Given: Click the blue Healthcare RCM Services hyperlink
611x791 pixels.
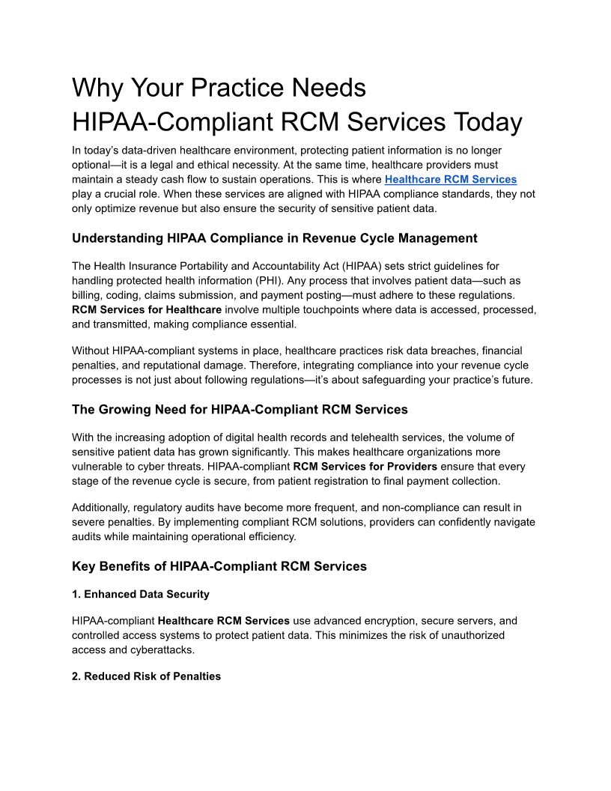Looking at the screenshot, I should pyautogui.click(x=450, y=179).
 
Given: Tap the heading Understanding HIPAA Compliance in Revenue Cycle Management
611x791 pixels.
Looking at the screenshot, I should pyautogui.click(x=274, y=238).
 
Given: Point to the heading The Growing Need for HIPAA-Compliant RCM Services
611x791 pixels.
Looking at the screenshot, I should pyautogui.click(x=240, y=409).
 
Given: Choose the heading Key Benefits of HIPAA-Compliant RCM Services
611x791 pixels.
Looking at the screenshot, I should pyautogui.click(x=219, y=566).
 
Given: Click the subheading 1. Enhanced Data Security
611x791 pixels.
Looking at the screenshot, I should pyautogui.click(x=141, y=594).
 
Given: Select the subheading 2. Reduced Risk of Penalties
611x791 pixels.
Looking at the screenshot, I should pyautogui.click(x=147, y=676).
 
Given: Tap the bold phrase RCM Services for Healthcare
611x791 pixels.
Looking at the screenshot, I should pyautogui.click(x=147, y=309).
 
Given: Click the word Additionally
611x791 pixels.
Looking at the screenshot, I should pyautogui.click(x=102, y=507).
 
